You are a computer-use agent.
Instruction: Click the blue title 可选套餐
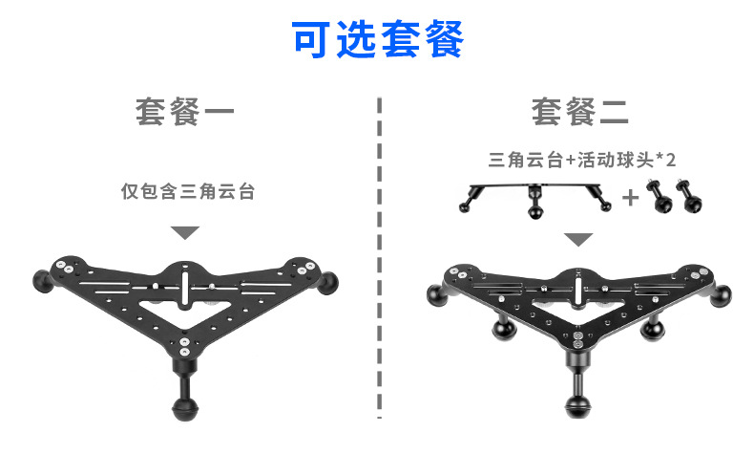(377, 39)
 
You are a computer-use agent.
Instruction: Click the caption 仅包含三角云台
(187, 190)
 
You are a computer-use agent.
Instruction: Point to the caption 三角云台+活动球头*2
(581, 160)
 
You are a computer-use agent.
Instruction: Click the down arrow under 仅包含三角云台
(185, 232)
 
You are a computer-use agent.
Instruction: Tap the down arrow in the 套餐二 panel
(577, 238)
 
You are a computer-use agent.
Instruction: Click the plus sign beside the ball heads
(631, 197)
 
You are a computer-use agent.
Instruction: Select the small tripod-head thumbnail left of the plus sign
(534, 197)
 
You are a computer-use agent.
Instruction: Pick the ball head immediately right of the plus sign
(658, 196)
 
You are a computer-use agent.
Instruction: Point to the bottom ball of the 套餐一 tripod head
(183, 406)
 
